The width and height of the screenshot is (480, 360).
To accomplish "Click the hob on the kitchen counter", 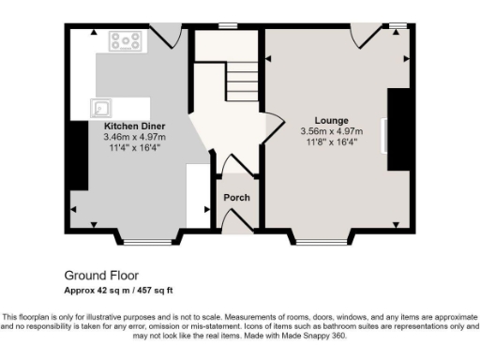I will pyautogui.click(x=125, y=41).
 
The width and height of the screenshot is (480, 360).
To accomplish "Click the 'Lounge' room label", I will pyautogui.click(x=332, y=121).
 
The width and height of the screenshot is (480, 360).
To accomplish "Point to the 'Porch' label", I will pyautogui.click(x=235, y=198).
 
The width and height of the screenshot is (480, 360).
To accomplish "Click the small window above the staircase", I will pyautogui.click(x=228, y=25).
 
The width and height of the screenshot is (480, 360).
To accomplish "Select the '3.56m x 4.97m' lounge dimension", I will pyautogui.click(x=331, y=132).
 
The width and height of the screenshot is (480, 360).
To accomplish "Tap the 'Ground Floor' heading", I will pyautogui.click(x=101, y=276).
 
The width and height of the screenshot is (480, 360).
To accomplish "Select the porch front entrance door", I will pyautogui.click(x=235, y=221).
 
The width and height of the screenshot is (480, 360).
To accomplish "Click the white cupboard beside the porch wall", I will pyautogui.click(x=198, y=194).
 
